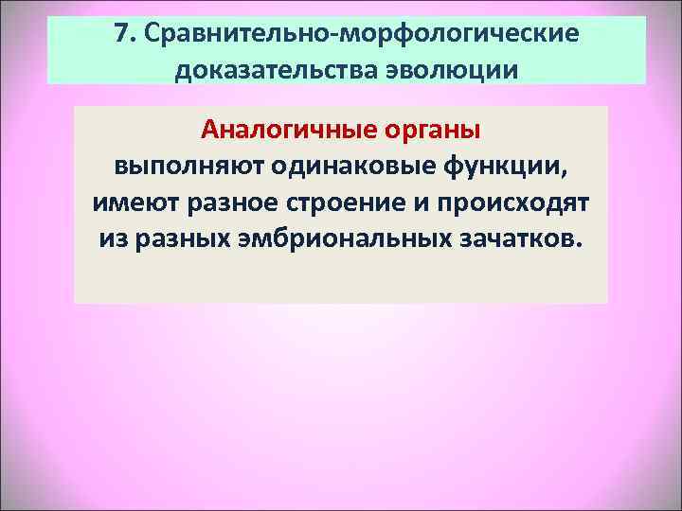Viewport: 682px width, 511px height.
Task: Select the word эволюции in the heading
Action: pyautogui.click(x=445, y=71)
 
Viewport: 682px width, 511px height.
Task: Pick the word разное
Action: pyautogui.click(x=224, y=203)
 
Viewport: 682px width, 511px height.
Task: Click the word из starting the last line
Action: pyautogui.click(x=112, y=239)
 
